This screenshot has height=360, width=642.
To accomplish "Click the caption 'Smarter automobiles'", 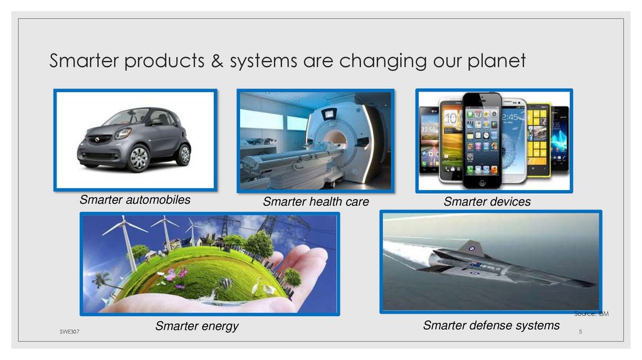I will click(135, 200).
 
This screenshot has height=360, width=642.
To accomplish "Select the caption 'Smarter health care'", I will click(316, 202).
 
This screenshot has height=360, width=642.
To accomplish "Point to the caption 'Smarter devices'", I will click(487, 202).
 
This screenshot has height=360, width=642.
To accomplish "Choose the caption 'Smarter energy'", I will click(197, 326).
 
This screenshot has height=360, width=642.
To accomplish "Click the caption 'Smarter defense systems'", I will click(491, 326).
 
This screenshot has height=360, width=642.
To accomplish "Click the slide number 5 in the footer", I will click(581, 331).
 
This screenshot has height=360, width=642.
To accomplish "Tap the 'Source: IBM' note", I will click(591, 314).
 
